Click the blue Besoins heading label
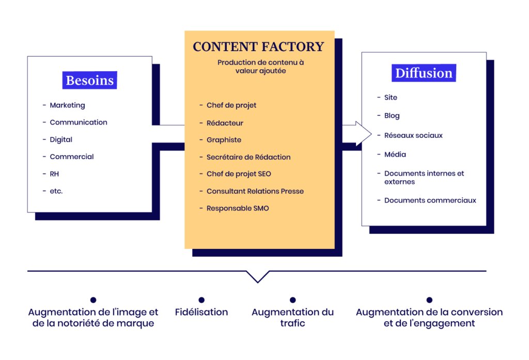point(90,81)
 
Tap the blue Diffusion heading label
point(424,73)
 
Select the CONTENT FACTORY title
point(258,47)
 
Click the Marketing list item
point(67,105)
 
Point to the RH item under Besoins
point(54,174)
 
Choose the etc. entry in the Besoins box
point(56,191)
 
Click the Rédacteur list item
point(225,123)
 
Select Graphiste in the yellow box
point(224,140)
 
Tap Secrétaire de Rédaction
point(248,157)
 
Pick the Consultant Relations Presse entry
point(255,191)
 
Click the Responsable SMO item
point(238,208)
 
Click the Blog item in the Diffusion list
point(392,116)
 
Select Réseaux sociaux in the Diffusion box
point(413,135)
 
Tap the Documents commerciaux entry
point(430,200)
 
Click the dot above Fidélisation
point(201,300)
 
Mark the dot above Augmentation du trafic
point(292,300)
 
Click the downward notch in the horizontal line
point(257,278)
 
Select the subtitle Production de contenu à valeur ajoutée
point(260,67)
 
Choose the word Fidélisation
point(201,312)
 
